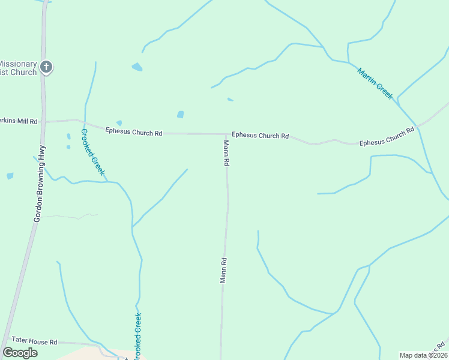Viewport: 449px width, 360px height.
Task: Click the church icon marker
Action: click(46, 67)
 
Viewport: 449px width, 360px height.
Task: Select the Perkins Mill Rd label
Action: click(19, 121)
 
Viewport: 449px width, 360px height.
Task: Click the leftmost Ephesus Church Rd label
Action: click(133, 131)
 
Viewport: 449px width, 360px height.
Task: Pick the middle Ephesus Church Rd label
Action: click(260, 136)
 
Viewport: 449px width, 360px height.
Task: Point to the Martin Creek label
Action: click(375, 83)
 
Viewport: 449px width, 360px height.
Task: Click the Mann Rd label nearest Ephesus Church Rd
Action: click(226, 153)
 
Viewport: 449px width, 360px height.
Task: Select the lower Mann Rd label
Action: click(223, 270)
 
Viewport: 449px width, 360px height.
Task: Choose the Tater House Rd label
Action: click(28, 342)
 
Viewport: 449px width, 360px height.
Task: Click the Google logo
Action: click(20, 353)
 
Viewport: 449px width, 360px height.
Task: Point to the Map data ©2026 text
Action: click(423, 355)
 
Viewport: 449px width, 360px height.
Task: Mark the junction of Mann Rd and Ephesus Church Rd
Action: click(227, 134)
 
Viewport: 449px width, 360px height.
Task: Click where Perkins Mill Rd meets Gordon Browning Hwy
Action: click(45, 122)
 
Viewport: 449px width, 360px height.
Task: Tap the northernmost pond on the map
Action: click(137, 67)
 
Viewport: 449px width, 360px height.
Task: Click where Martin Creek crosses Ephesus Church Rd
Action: click(416, 126)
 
